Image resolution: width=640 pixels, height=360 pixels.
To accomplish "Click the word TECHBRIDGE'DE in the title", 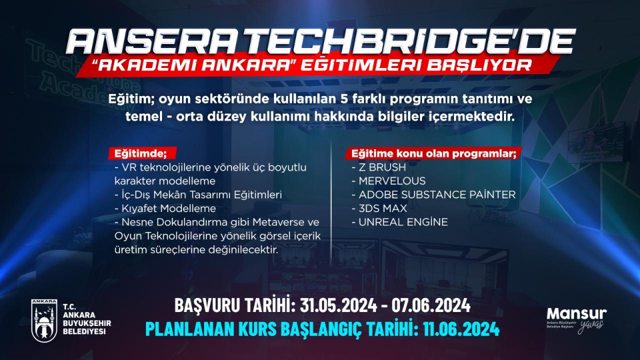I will coord(428,41).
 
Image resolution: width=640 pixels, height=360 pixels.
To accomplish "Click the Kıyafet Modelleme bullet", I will coord(165,208).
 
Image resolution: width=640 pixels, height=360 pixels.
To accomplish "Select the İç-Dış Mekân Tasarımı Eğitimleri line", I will coord(198,195).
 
